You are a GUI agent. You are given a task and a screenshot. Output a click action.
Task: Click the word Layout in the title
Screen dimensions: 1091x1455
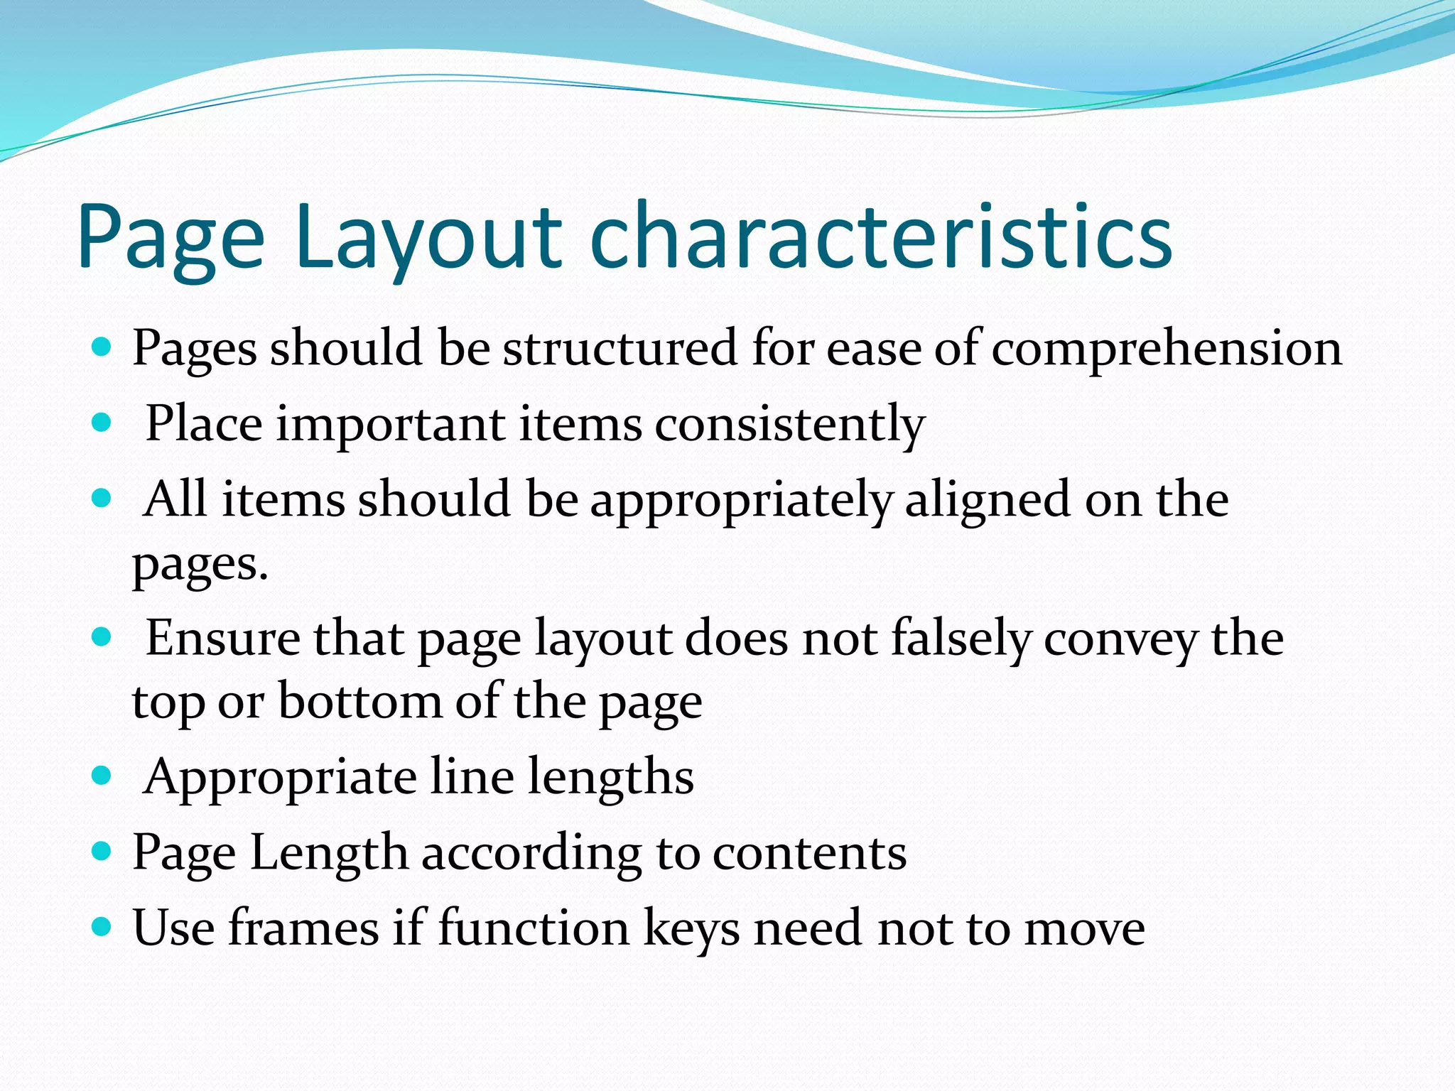click(429, 238)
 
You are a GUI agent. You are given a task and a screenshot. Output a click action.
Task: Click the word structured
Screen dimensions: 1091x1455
click(620, 348)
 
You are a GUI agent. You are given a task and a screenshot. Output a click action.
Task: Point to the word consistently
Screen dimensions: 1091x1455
click(789, 425)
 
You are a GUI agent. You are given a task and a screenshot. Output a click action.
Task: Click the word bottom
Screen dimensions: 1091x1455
click(359, 702)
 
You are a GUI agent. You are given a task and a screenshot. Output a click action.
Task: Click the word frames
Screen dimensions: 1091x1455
click(304, 928)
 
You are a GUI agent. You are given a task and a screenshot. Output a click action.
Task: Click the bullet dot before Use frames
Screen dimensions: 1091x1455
click(102, 926)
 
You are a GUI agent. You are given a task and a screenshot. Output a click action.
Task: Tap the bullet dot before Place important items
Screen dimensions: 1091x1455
click(102, 423)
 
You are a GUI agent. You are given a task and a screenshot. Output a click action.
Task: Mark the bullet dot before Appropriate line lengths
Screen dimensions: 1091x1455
click(102, 776)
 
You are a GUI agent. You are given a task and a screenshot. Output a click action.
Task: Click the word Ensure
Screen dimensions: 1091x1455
click(222, 638)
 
